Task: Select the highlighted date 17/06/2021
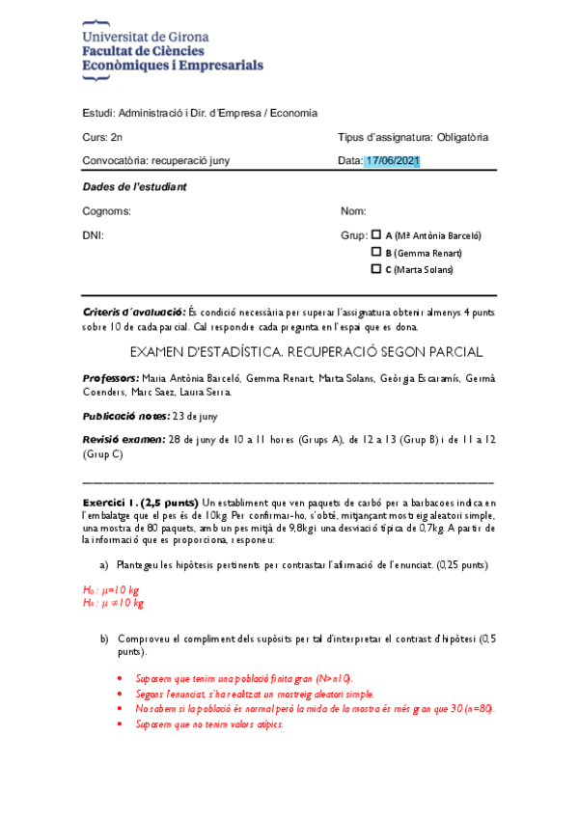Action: [x=392, y=160]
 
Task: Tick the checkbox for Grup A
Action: [x=376, y=234]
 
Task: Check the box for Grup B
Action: [x=376, y=252]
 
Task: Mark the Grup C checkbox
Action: [x=376, y=269]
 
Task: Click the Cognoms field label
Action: [x=107, y=210]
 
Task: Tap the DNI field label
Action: [x=94, y=235]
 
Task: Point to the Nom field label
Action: [x=353, y=210]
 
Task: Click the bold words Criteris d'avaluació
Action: [x=134, y=313]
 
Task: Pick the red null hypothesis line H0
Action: [x=112, y=589]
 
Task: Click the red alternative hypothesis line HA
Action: [x=113, y=603]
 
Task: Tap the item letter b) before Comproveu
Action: [x=105, y=640]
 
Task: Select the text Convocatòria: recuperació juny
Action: [x=156, y=160]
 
